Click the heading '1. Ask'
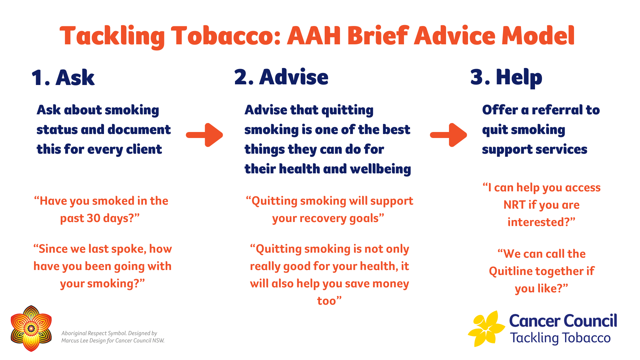(63, 78)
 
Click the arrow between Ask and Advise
(204, 135)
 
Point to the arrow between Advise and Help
(448, 135)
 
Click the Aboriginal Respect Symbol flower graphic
(31, 328)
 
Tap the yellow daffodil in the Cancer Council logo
(486, 329)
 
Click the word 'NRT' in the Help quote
(514, 205)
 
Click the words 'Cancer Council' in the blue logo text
(563, 321)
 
